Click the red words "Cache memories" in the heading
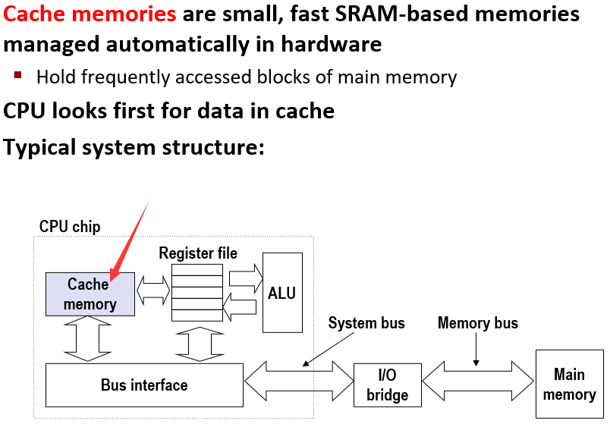pos(90,14)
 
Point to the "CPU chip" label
pos(69,227)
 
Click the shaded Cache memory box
pos(90,294)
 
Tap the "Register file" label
pos(197,253)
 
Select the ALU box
pos(281,293)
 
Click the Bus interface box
pos(143,385)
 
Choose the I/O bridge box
pos(387,385)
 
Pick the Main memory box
pos(569,384)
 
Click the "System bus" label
pos(366,323)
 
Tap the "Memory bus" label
pos(477,323)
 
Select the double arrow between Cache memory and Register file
pos(153,291)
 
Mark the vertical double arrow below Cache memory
pos(89,339)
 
